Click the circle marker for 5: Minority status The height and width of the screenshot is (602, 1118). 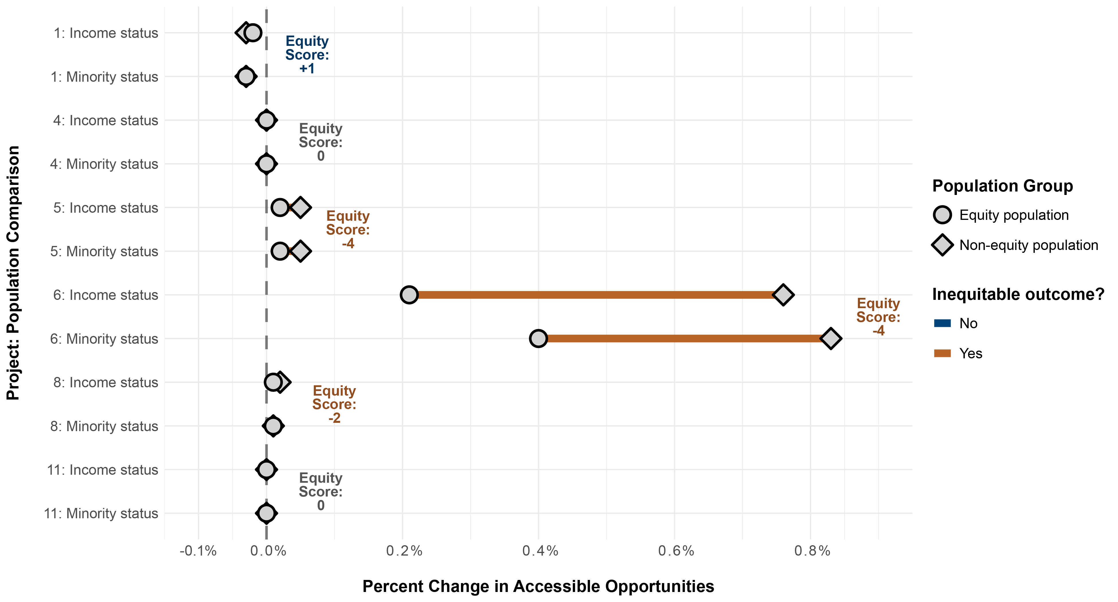(x=280, y=251)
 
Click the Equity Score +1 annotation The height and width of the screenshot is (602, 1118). (x=307, y=55)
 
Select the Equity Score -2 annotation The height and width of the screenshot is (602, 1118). (x=334, y=404)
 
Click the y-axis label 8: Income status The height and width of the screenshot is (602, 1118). (x=105, y=382)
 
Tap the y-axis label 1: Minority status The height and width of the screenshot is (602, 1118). (x=104, y=77)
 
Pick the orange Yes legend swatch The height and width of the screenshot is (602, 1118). (x=942, y=353)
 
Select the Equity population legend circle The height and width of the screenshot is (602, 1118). (x=942, y=215)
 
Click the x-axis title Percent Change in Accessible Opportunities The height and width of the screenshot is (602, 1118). (x=538, y=586)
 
